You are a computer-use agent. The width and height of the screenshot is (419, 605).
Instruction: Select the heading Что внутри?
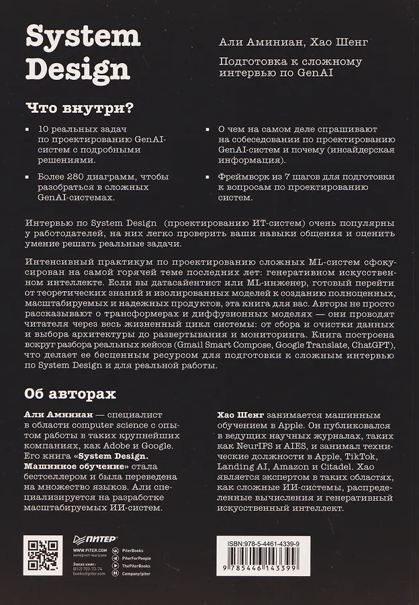pos(79,107)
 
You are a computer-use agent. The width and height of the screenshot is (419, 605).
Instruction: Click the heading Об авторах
pos(65,393)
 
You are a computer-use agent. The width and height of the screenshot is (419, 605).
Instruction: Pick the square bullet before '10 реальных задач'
pos(27,128)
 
